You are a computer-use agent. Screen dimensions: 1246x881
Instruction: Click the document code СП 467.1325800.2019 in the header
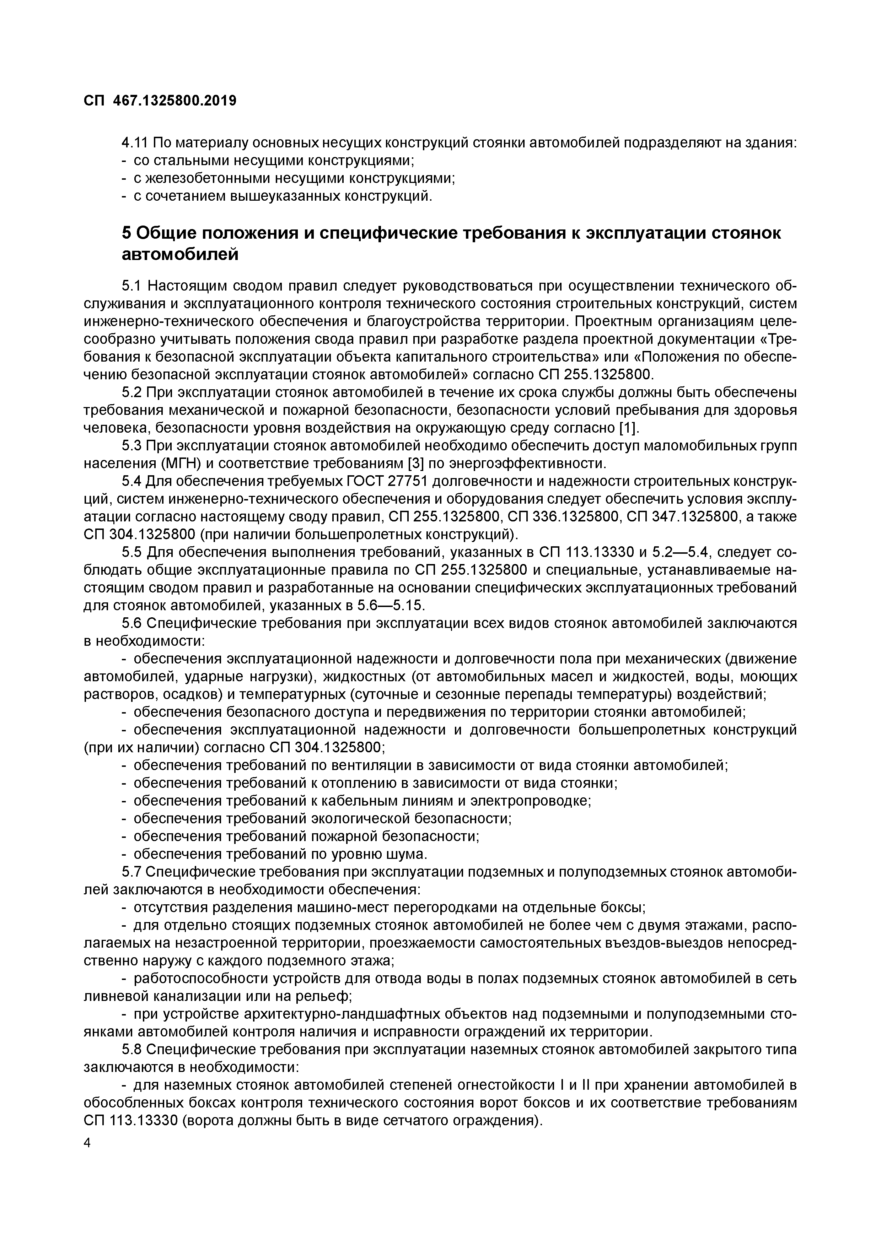pyautogui.click(x=160, y=101)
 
